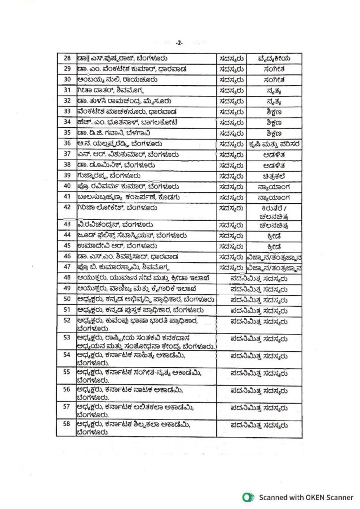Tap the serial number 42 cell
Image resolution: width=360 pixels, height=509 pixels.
(67, 207)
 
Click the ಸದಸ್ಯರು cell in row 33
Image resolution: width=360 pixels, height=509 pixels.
(231, 112)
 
